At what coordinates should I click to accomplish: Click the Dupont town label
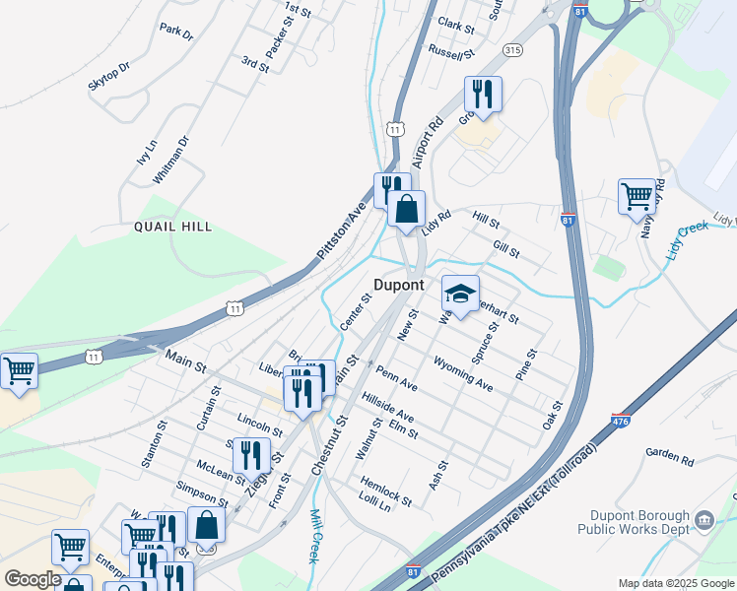399,285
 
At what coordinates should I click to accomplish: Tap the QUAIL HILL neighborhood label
173,227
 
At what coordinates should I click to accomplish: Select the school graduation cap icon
459,292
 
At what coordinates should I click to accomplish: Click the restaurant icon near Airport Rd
483,95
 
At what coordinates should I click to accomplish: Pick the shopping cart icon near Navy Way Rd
636,196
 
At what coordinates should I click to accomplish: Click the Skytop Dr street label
108,76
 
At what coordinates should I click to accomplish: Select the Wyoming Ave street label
462,374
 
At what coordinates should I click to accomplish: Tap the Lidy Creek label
687,241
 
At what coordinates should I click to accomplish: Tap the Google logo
32,579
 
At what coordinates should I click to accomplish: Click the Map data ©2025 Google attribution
674,583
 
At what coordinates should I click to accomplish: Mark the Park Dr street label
177,32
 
